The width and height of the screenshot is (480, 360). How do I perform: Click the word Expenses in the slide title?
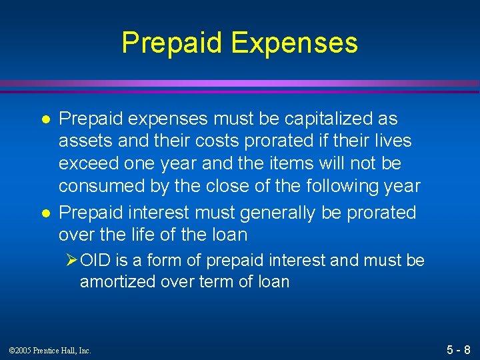pos(294,43)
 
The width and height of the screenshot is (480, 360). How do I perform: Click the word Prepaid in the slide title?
pos(173,43)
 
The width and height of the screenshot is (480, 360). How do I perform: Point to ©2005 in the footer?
pos(21,350)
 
